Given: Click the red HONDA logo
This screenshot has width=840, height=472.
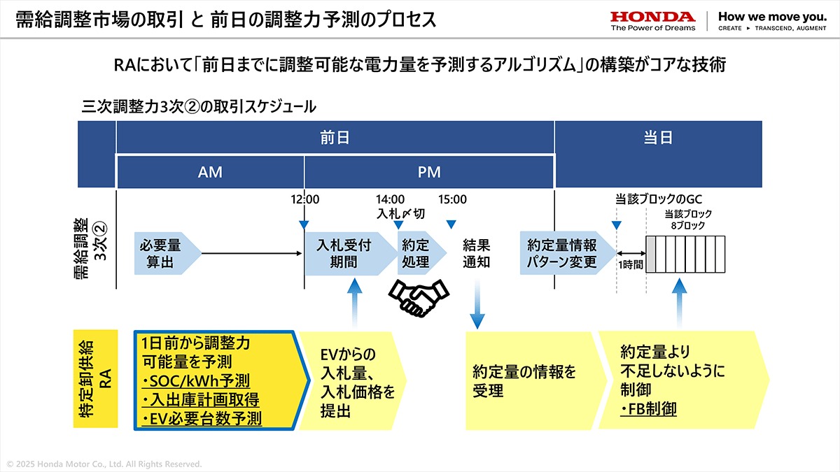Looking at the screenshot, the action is [x=653, y=17].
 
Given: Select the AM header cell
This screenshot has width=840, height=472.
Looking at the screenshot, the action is [x=211, y=172].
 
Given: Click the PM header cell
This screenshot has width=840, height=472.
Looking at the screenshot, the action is [x=429, y=172].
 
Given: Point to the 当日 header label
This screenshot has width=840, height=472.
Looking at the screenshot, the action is [x=658, y=138].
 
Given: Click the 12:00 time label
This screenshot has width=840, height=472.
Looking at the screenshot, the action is [x=305, y=199].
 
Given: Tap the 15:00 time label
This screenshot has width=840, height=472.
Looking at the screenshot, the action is [x=452, y=199].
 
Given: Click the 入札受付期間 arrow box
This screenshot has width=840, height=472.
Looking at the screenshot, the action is [x=351, y=254].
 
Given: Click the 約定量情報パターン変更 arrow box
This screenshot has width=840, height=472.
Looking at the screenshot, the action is [x=568, y=254].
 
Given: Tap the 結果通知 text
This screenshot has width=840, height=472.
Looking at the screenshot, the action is [x=476, y=254].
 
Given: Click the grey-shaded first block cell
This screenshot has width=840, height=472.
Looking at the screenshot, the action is [x=650, y=255].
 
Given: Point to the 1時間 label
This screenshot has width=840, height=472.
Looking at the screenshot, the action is [x=631, y=265].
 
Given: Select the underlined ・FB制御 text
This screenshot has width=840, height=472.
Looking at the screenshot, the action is [x=648, y=409].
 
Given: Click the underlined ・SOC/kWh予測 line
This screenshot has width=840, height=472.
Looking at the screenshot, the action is [x=196, y=381].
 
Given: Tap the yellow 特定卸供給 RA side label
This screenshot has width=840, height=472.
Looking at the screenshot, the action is [x=96, y=379].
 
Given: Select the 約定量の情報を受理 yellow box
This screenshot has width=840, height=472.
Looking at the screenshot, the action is [x=536, y=381].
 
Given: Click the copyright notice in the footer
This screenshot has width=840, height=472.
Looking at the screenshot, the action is [x=104, y=464].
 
